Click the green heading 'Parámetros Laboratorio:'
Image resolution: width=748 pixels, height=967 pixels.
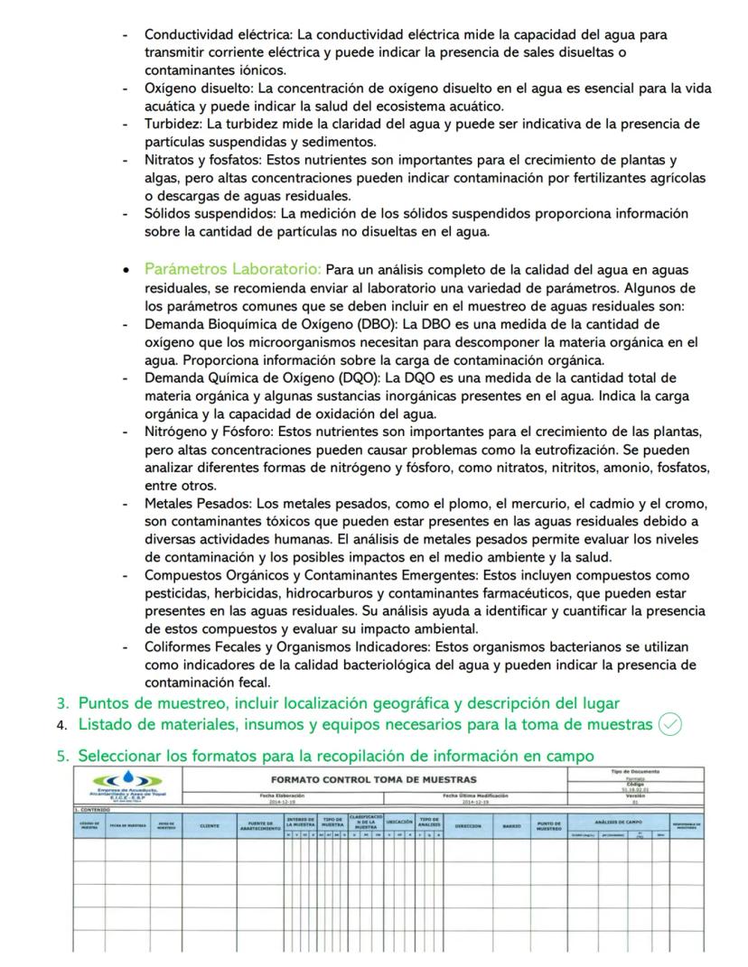232,269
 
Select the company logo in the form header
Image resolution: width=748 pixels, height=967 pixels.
126,781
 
